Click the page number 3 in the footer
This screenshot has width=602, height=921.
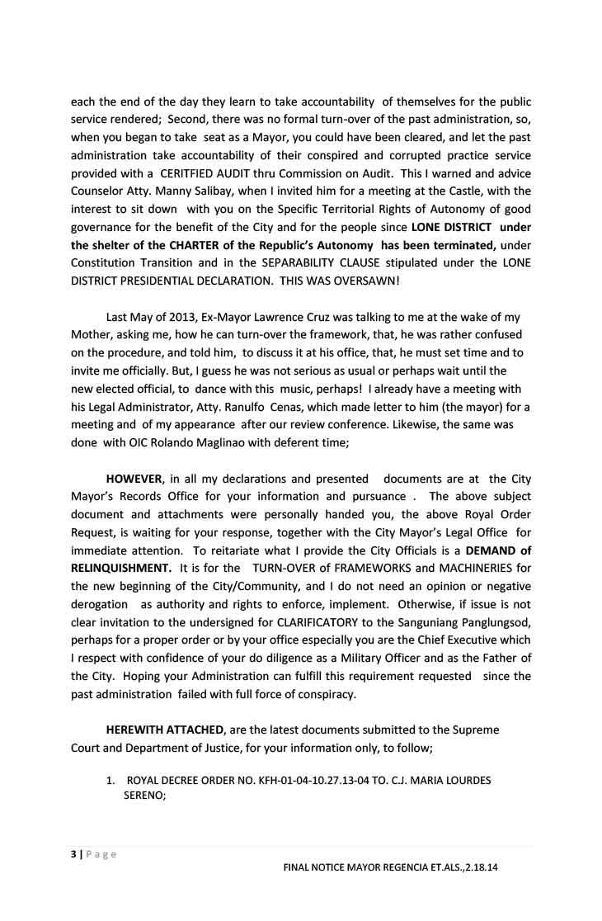point(73,854)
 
